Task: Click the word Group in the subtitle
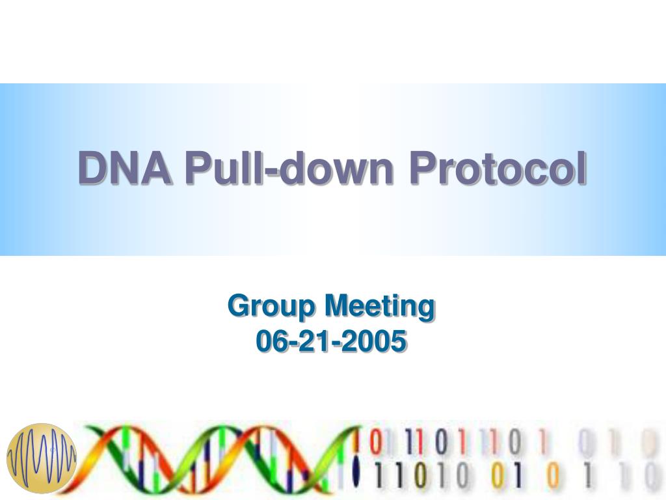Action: coord(272,306)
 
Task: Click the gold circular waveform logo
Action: coord(42,458)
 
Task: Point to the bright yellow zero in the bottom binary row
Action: coord(498,477)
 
